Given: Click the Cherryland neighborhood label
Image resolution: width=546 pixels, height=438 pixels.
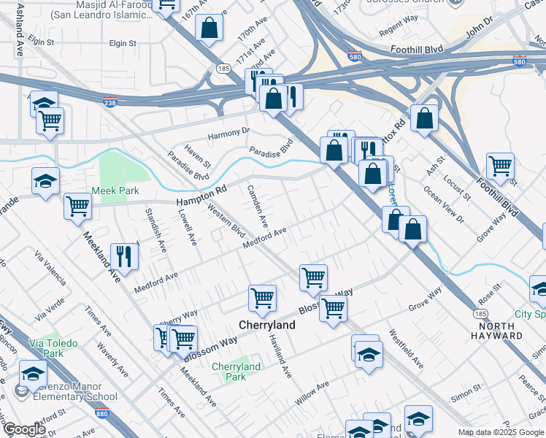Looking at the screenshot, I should point(268,325).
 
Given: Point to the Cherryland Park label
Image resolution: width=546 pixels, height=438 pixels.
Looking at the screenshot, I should point(236,372).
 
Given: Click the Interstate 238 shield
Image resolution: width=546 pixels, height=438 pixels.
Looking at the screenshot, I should point(109,100).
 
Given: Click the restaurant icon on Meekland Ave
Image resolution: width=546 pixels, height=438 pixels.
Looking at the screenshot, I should point(123,255).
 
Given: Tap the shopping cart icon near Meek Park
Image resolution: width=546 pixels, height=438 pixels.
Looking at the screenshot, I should point(77,205).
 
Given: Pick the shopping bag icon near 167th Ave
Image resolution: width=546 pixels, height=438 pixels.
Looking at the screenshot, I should point(209,28).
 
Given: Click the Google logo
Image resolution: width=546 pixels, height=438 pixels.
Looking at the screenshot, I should point(25,429).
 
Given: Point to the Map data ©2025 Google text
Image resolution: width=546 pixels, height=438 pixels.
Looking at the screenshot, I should point(500,432).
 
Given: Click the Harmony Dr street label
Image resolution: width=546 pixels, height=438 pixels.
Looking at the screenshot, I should point(228,134).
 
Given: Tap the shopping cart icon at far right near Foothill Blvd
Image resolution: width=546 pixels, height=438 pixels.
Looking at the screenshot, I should point(500,166).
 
